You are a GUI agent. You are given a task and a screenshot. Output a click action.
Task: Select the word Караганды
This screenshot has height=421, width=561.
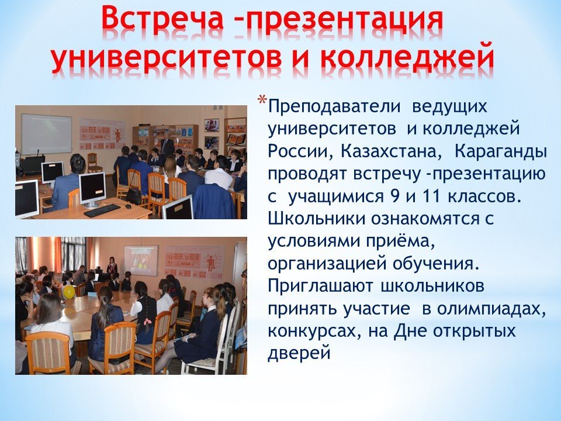tap(501, 152)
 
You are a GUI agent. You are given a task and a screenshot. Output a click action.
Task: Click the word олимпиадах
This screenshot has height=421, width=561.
tap(491, 309)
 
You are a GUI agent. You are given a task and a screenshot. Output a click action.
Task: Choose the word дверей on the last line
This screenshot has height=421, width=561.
tap(299, 354)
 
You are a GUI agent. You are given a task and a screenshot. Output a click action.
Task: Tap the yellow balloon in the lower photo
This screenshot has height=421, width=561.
tap(69, 291)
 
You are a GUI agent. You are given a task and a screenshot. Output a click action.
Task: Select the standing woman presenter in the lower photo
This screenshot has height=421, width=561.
tap(112, 266)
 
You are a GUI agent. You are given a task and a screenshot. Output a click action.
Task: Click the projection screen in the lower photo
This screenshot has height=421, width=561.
tap(141, 260)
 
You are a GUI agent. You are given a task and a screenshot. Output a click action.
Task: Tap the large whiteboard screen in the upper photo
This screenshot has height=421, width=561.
tap(47, 133)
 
